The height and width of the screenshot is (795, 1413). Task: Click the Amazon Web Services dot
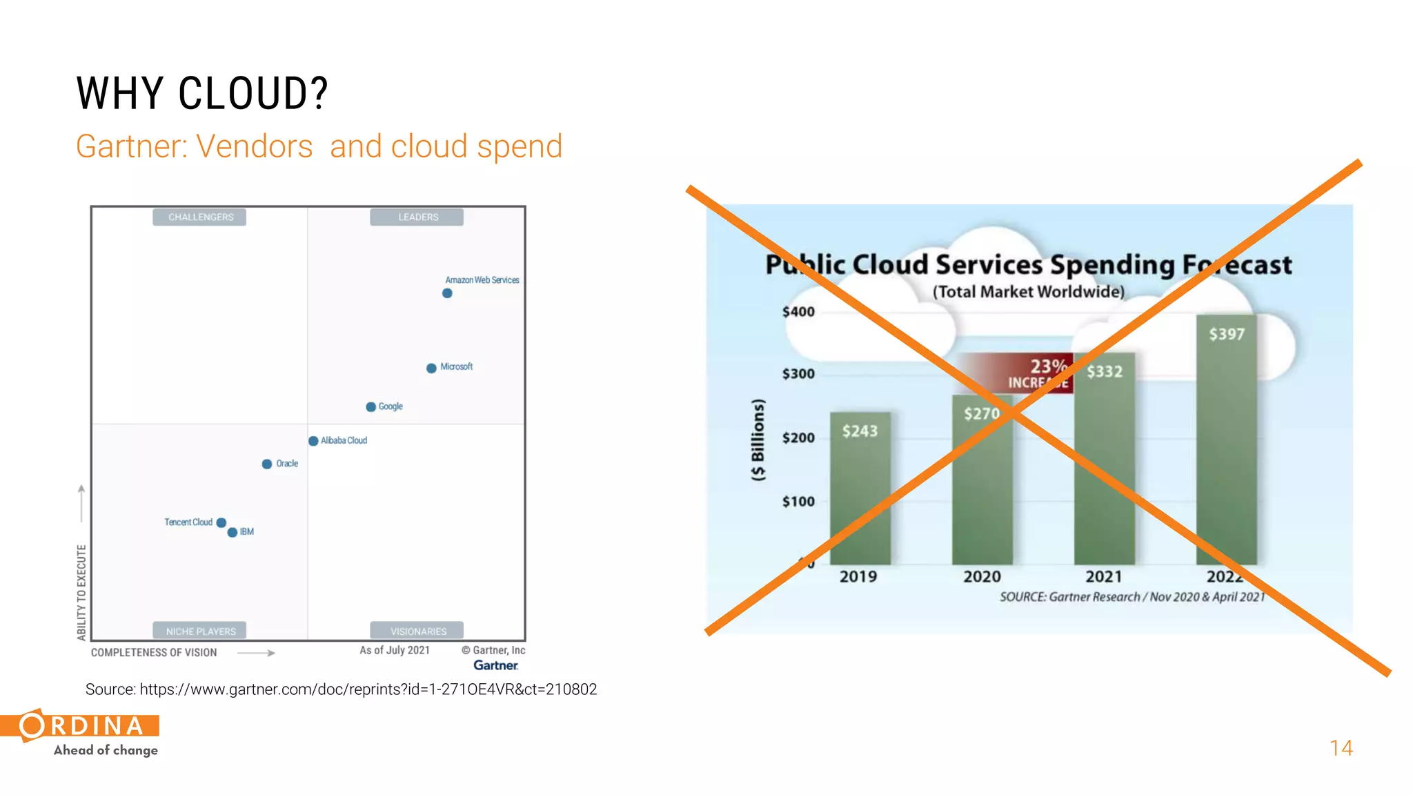tap(447, 293)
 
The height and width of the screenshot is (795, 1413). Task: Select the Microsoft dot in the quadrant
tap(431, 369)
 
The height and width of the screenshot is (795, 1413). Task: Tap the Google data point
tap(370, 407)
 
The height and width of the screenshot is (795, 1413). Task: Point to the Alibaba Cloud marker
tap(313, 441)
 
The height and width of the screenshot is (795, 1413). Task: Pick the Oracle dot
tap(266, 464)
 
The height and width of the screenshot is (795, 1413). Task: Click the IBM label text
tap(247, 532)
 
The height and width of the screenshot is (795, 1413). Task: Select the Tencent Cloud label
tap(188, 522)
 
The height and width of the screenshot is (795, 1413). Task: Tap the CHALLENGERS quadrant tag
tap(200, 217)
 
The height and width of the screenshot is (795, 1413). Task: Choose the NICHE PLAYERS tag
tap(200, 631)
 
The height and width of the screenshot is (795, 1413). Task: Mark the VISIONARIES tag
tap(417, 631)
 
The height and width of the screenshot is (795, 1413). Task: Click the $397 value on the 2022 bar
tap(1226, 335)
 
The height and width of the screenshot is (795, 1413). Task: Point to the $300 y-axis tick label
tap(798, 374)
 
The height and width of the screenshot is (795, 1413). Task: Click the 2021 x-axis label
tap(1103, 577)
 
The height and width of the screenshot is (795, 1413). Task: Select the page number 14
tap(1341, 748)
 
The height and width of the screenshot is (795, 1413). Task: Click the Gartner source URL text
tap(341, 689)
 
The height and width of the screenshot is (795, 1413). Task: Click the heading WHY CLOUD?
tap(202, 94)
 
